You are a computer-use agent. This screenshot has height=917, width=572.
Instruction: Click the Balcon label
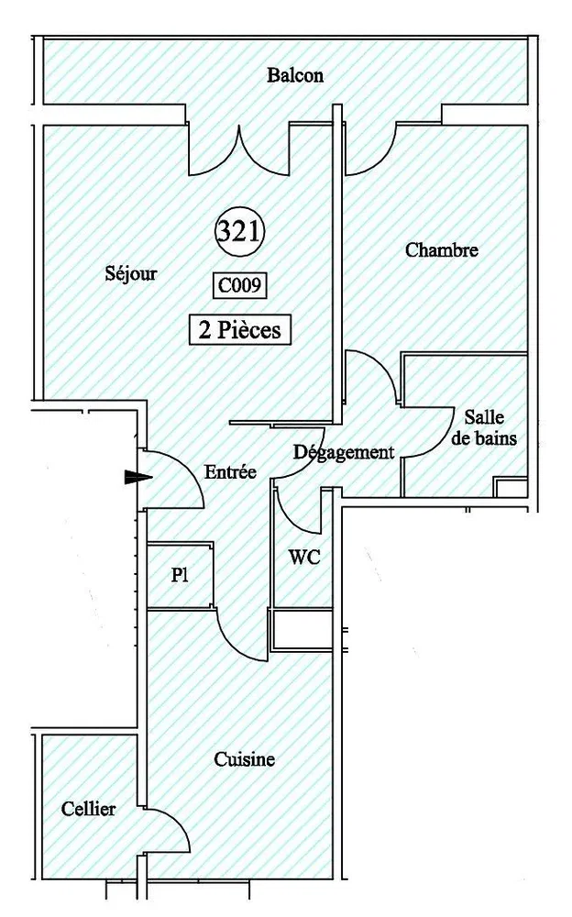click(x=295, y=75)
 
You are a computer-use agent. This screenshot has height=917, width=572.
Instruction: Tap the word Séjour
click(x=131, y=273)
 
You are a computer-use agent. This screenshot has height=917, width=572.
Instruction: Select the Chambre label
click(x=442, y=249)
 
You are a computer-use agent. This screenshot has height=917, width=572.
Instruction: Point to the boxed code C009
click(x=239, y=286)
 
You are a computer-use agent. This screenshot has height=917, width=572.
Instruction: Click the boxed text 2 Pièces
click(x=240, y=330)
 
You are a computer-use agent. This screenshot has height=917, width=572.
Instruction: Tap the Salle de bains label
click(x=484, y=427)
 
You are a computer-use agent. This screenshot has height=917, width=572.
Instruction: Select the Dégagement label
click(x=344, y=452)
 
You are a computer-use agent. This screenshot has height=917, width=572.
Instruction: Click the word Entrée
click(x=230, y=471)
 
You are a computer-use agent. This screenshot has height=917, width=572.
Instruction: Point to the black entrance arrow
click(x=138, y=477)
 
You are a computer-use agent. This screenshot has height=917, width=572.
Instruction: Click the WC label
click(x=304, y=557)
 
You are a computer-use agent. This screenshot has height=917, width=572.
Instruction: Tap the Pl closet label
click(x=180, y=575)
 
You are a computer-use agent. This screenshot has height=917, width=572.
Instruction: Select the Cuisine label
click(x=245, y=759)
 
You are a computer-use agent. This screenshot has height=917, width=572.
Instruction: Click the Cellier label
click(x=88, y=809)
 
